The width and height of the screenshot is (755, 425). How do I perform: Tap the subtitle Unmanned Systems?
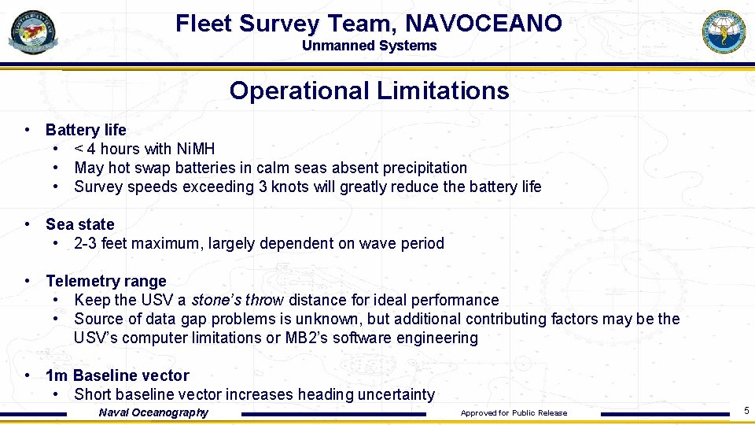(369, 46)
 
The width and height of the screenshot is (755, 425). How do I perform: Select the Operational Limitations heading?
(369, 91)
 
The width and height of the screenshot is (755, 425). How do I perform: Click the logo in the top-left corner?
(33, 31)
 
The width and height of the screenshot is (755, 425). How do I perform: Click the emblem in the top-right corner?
(723, 31)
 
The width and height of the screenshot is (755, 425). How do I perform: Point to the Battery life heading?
(86, 130)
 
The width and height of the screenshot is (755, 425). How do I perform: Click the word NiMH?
(196, 149)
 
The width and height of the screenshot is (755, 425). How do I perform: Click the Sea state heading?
(80, 224)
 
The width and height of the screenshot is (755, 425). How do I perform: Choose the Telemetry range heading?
(106, 281)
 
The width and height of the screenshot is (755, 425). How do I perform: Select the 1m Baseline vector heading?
(117, 375)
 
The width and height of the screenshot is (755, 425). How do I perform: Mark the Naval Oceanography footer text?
(153, 412)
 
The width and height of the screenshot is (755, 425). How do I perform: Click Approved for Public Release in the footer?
(514, 413)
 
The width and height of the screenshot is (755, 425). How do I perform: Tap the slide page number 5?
(746, 410)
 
